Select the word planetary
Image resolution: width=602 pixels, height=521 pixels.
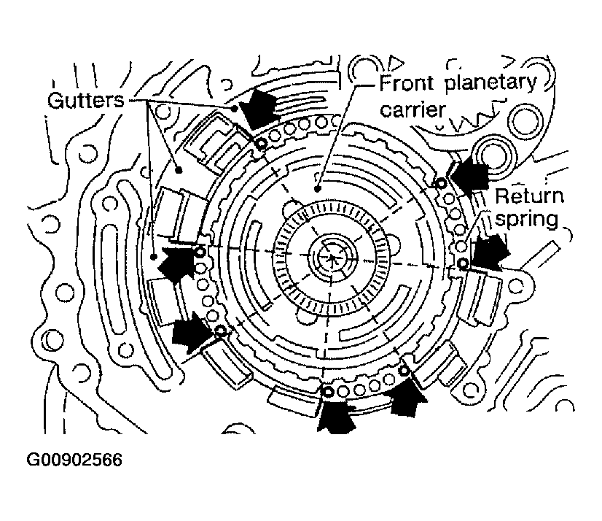coord(491,82)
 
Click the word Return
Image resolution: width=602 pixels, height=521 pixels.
coord(530,196)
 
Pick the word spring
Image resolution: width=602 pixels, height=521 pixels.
coord(530,220)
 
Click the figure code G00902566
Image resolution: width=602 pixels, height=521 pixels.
coord(74,460)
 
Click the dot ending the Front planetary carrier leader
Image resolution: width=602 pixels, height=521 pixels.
coord(318,188)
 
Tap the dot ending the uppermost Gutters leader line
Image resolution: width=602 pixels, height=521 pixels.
coord(235,108)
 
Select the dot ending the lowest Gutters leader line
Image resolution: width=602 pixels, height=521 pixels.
coord(154,257)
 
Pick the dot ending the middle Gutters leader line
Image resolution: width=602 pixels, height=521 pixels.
coord(179,169)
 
